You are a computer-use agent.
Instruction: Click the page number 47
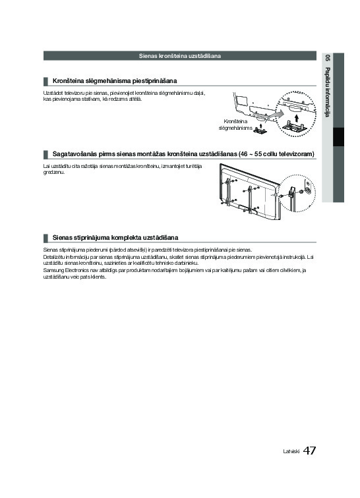click(309, 451)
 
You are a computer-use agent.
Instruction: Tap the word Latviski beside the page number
click(291, 451)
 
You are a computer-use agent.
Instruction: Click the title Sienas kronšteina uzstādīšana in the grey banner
click(180, 56)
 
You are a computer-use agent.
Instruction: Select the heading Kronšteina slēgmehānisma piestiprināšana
click(115, 81)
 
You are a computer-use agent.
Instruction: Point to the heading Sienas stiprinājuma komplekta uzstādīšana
click(115, 238)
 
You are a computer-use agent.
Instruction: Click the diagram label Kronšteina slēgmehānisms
click(235, 124)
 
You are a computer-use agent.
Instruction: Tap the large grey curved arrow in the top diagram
click(274, 115)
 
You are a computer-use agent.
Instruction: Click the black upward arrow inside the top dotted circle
click(297, 118)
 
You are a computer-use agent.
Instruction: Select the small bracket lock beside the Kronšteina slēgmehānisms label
click(260, 129)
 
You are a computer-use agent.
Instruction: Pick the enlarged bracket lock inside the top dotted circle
click(293, 126)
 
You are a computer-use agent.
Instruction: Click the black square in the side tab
click(338, 137)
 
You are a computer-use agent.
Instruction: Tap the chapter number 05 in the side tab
click(327, 58)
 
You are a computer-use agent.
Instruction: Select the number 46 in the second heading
click(244, 154)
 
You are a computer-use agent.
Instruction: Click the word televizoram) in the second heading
click(297, 154)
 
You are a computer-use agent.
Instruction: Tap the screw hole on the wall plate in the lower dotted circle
click(308, 190)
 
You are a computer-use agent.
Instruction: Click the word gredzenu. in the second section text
click(54, 173)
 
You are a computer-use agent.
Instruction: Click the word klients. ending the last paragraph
click(98, 277)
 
